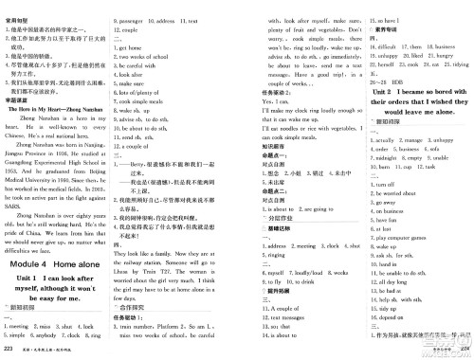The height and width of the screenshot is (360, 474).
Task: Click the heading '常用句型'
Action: click(x=20, y=7)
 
